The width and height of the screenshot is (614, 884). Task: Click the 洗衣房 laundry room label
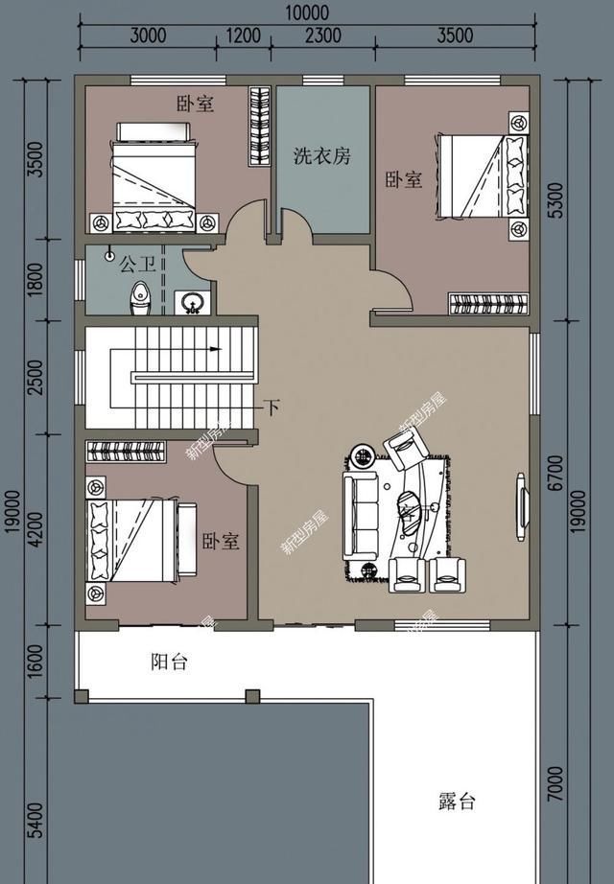coord(321,155)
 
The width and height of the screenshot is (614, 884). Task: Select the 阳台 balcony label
coord(169,663)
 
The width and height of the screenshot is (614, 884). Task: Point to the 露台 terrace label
coord(457,802)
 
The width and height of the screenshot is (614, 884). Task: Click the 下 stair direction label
coord(272,408)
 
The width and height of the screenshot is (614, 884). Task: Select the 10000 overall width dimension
coord(307,13)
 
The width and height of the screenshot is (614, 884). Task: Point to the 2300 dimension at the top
coord(322,36)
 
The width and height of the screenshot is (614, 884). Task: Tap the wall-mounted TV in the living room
coord(523,500)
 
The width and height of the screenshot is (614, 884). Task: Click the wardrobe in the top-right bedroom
coord(488,305)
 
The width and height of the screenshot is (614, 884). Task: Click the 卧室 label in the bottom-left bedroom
coord(221,542)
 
